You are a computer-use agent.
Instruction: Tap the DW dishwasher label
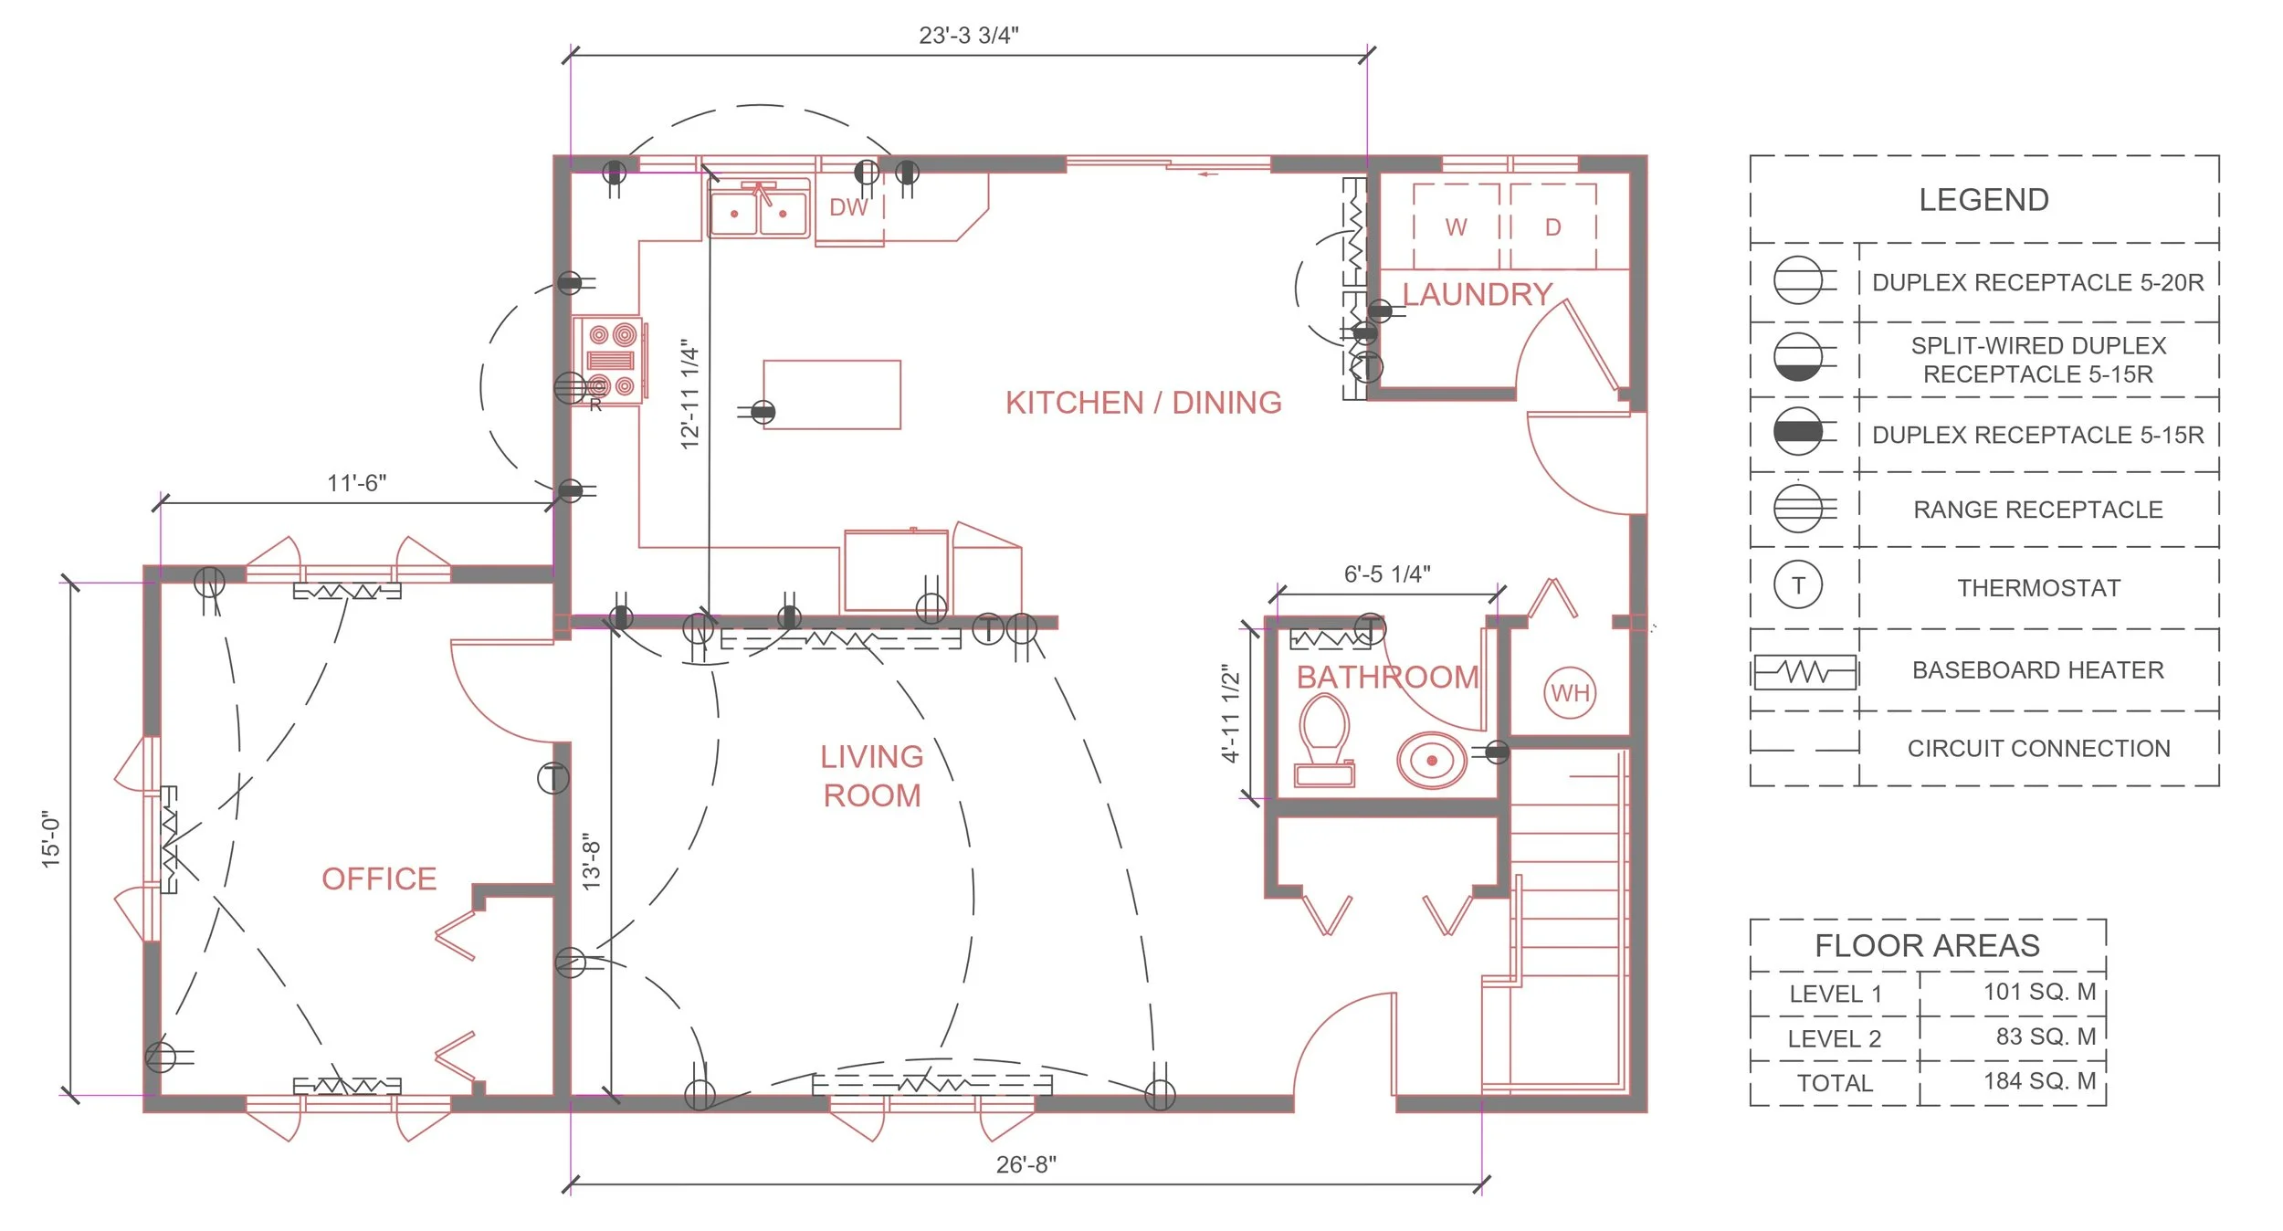click(848, 207)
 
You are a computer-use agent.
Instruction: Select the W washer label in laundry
click(1457, 227)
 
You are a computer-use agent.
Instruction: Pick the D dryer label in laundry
click(1553, 227)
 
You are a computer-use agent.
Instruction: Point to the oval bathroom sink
click(1432, 760)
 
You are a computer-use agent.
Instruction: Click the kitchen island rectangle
click(832, 395)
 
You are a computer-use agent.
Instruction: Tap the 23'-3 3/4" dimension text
click(969, 36)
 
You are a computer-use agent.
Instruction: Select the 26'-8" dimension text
click(1026, 1164)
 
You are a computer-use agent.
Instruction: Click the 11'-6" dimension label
click(357, 483)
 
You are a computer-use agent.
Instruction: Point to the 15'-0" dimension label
click(50, 839)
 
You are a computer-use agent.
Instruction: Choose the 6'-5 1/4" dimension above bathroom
click(1387, 574)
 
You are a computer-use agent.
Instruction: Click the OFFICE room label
click(379, 879)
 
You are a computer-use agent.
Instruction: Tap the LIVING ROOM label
click(872, 776)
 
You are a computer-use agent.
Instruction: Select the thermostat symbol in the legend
click(1798, 585)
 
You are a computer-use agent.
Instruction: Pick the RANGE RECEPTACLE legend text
click(2038, 510)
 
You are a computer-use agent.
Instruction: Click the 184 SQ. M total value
click(2040, 1081)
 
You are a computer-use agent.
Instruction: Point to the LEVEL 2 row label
click(1835, 1039)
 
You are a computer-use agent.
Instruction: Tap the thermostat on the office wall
click(553, 779)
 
